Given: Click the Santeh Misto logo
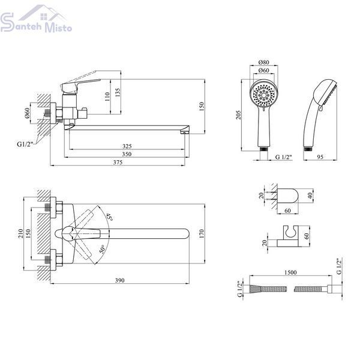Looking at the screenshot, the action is pyautogui.click(x=36, y=19).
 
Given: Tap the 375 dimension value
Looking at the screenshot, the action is pyautogui.click(x=118, y=163).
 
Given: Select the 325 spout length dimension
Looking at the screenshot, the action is pyautogui.click(x=127, y=146).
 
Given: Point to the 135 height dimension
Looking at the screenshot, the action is pyautogui.click(x=118, y=92).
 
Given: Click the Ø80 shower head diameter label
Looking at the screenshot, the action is pyautogui.click(x=263, y=62).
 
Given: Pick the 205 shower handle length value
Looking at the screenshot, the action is pyautogui.click(x=239, y=115).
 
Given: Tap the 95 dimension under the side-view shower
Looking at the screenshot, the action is pyautogui.click(x=320, y=157).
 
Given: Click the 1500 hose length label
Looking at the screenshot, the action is pyautogui.click(x=290, y=272).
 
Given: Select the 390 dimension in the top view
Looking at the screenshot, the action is pyautogui.click(x=119, y=280).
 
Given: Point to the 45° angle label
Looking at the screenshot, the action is pyautogui.click(x=109, y=217).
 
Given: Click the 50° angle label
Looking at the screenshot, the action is pyautogui.click(x=103, y=250).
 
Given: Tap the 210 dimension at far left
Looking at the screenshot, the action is pyautogui.click(x=20, y=233).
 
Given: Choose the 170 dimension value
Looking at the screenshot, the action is pyautogui.click(x=202, y=233).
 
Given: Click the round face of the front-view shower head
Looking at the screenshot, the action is pyautogui.click(x=264, y=94).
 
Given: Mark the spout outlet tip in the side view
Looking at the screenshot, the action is pyautogui.click(x=184, y=133).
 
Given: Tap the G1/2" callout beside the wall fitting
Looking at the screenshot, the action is pyautogui.click(x=25, y=144).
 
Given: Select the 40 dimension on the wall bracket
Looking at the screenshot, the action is pyautogui.click(x=310, y=196).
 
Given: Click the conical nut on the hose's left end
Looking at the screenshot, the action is pyautogui.click(x=255, y=289).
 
